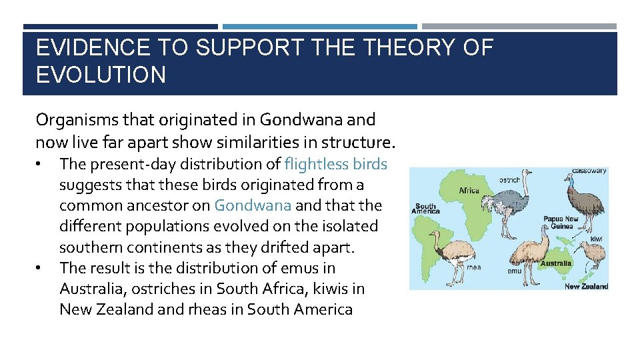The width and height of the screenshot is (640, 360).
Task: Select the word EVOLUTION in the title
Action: click(x=101, y=75)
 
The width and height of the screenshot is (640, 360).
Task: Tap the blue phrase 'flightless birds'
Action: click(x=335, y=163)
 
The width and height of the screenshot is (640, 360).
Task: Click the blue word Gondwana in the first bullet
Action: click(x=253, y=205)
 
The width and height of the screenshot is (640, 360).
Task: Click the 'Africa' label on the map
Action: click(x=469, y=191)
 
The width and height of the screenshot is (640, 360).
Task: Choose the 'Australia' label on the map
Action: click(x=555, y=263)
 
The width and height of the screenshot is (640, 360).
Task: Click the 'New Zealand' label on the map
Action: click(x=586, y=287)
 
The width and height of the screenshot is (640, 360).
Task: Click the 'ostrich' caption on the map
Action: click(x=510, y=180)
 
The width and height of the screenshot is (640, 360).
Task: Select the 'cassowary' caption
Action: click(x=589, y=171)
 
